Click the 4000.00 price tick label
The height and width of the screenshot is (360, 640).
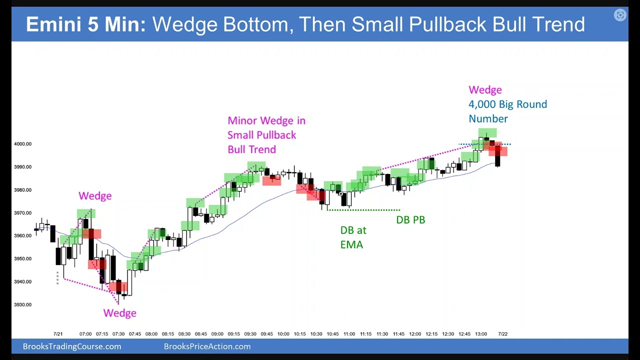point(22,144)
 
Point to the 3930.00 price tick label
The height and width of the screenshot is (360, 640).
point(22,304)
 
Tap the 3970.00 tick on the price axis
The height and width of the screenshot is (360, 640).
point(22,213)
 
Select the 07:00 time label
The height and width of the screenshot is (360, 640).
point(85,334)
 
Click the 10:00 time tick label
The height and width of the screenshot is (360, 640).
point(283,334)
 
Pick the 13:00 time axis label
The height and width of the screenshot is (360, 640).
point(480,334)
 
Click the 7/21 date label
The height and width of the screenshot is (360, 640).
point(58,334)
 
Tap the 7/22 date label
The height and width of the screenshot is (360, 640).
point(503,334)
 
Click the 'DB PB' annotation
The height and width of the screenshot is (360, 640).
point(410,219)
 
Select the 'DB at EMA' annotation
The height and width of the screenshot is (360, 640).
point(353,237)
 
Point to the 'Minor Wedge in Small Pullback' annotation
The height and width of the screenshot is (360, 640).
point(266,135)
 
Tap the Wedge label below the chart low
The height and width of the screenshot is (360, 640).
point(119,313)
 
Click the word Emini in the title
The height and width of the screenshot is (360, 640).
point(54,24)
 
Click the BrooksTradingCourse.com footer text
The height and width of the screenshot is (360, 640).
point(72,346)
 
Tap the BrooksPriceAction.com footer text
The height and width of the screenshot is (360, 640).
point(207,346)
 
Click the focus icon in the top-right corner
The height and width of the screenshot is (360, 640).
point(620,15)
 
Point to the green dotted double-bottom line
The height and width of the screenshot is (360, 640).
point(363,210)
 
